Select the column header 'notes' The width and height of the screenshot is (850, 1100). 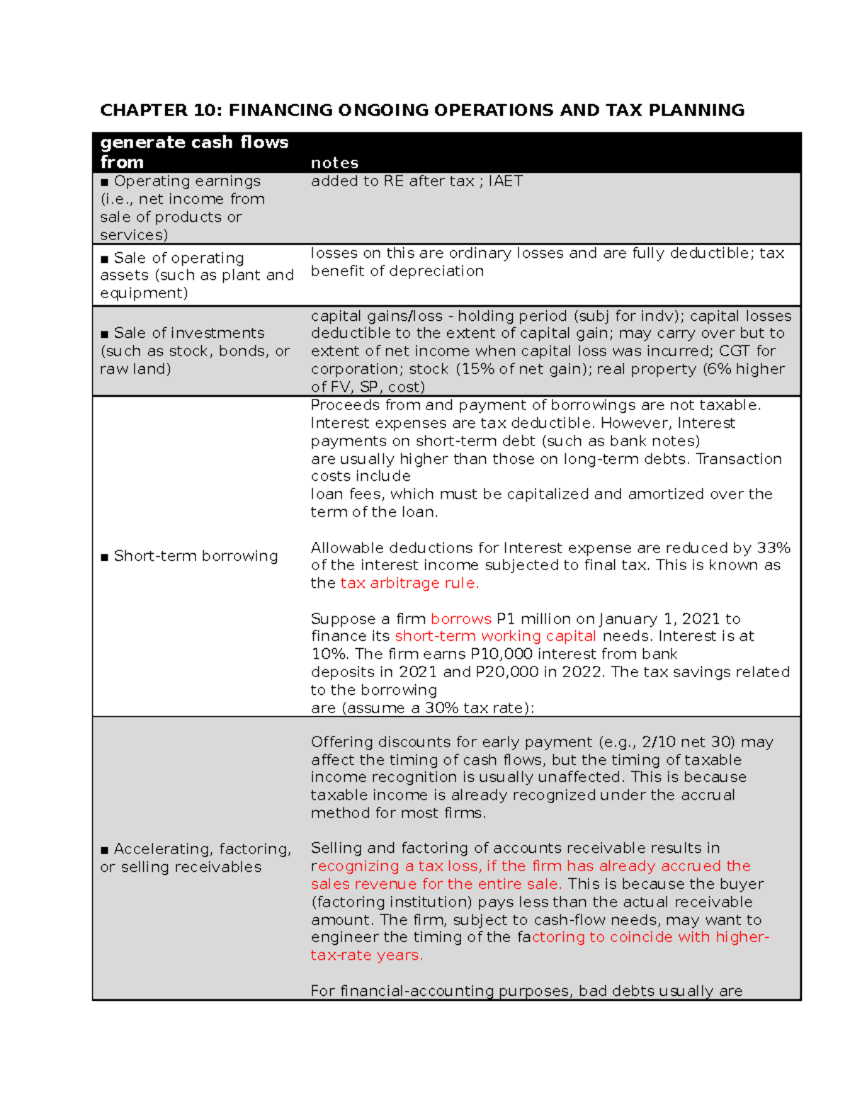(x=334, y=163)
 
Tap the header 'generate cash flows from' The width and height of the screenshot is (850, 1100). (x=193, y=152)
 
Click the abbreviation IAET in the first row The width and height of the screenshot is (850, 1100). (x=506, y=181)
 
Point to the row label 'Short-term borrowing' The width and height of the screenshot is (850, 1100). (x=195, y=556)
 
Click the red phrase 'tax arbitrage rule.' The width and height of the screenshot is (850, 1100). (x=409, y=583)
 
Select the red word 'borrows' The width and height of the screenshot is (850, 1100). (x=460, y=618)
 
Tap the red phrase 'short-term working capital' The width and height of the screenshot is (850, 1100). (x=495, y=636)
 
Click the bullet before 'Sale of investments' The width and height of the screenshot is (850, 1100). (x=105, y=334)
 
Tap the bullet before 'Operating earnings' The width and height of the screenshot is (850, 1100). (x=105, y=182)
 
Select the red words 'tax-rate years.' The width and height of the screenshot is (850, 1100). (x=366, y=955)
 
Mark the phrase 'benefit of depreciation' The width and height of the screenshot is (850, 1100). (x=397, y=271)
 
